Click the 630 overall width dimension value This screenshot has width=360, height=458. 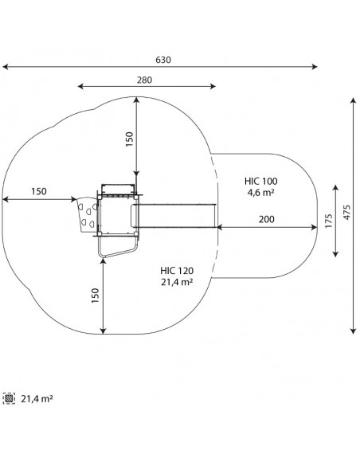(163, 60)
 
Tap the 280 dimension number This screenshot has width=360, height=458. (144, 80)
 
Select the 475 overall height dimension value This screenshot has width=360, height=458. (346, 213)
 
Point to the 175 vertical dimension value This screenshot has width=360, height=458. (328, 221)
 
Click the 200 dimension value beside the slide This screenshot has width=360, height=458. (267, 219)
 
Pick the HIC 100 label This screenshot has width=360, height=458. (261, 181)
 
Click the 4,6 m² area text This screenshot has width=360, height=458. (261, 193)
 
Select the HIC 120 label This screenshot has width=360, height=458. (177, 271)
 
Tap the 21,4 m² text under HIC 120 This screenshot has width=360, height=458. (177, 282)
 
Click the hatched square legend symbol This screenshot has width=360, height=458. (9, 398)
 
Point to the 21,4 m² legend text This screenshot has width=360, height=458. (37, 399)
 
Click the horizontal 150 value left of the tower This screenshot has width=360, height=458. (39, 192)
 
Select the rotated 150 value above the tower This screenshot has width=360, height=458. (129, 139)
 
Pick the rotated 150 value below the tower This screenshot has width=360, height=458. (96, 296)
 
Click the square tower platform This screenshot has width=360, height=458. (118, 215)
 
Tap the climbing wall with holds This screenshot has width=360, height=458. (87, 215)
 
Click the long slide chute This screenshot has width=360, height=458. (174, 216)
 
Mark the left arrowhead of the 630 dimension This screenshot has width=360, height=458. (5, 67)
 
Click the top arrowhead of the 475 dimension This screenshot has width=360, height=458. (354, 101)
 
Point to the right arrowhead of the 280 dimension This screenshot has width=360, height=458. (213, 86)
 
